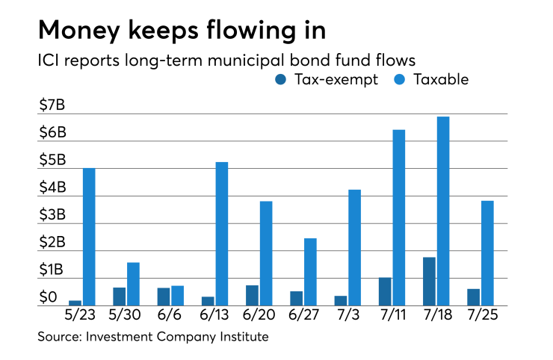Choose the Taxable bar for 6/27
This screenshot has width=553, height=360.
pos(310,272)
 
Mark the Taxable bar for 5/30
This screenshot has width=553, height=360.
pos(133,284)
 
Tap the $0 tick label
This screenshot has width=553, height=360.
pos(48,298)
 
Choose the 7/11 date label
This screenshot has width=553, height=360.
pos(392,316)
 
